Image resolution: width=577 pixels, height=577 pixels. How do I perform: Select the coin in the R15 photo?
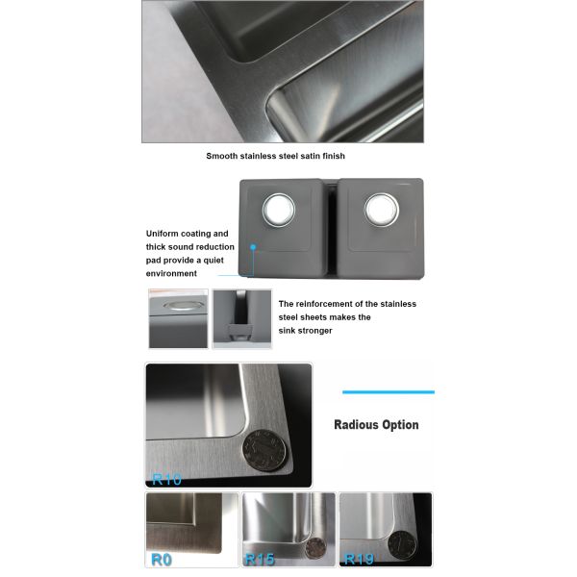pos(314,548)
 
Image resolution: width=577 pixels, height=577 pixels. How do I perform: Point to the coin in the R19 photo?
pos(396,543)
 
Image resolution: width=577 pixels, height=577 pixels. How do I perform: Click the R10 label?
pos(166,477)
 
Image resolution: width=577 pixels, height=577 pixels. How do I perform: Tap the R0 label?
pos(161,559)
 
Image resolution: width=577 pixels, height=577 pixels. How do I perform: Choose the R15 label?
pos(260,559)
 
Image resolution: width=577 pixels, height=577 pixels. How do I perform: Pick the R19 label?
pos(358,559)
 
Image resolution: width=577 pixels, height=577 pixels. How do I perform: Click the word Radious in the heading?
pos(359,424)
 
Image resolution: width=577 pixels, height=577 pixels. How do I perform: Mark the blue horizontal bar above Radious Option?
pos(389,391)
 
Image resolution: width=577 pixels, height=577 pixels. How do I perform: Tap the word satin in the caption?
pos(308,155)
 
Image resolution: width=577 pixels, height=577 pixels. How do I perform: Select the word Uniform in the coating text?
pos(163,234)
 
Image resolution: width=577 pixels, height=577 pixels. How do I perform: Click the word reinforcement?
pos(336,304)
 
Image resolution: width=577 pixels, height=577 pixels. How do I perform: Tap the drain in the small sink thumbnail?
pos(178,306)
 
